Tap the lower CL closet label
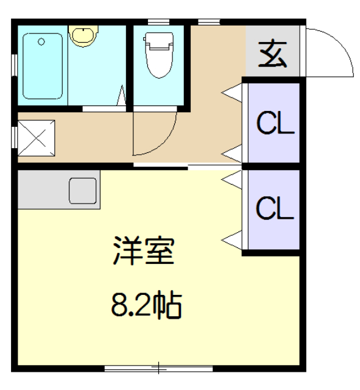(275, 208)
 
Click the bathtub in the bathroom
(43, 66)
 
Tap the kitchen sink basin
(83, 191)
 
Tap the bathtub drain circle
(41, 42)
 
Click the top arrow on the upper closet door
(231, 93)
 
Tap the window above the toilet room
(160, 23)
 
